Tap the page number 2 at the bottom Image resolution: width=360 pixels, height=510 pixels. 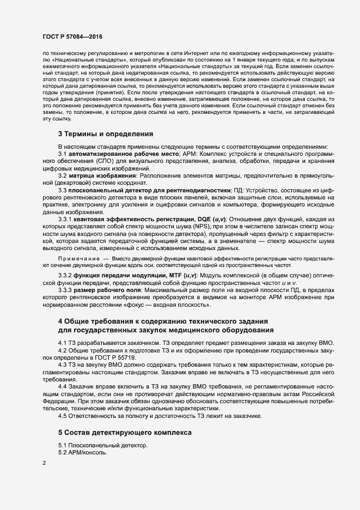click(x=44, y=463)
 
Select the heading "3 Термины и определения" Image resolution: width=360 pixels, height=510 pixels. click(x=101, y=134)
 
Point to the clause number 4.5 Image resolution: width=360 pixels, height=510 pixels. click(x=63, y=416)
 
